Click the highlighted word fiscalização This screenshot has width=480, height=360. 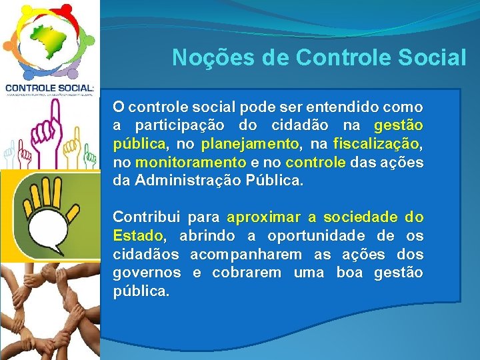point(376,143)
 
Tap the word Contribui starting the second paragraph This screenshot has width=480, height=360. point(146,217)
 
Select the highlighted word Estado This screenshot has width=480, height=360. point(137,236)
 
